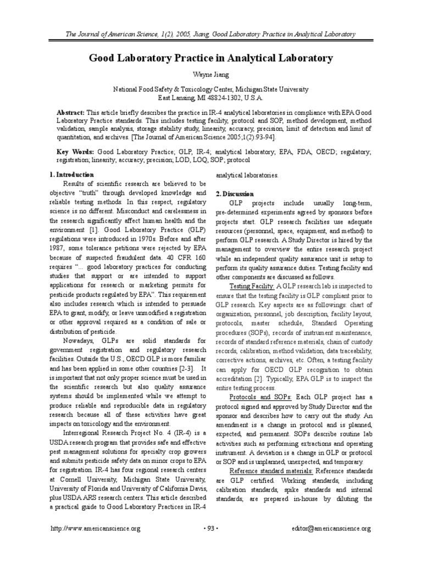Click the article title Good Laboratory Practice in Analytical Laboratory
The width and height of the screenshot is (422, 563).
pyautogui.click(x=210, y=58)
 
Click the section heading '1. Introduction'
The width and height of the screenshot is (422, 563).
pyautogui.click(x=71, y=175)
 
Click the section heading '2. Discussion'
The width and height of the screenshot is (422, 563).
pyautogui.click(x=235, y=194)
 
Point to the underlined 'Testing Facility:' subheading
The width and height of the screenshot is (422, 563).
pyautogui.click(x=252, y=286)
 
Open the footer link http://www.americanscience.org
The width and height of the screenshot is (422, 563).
pyautogui.click(x=96, y=529)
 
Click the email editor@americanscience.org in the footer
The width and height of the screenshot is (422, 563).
pyautogui.click(x=331, y=529)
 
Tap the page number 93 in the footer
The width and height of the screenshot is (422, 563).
pyautogui.click(x=211, y=529)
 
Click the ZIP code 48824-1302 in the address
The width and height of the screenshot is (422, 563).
pyautogui.click(x=223, y=97)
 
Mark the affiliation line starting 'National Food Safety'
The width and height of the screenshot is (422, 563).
pyautogui.click(x=210, y=89)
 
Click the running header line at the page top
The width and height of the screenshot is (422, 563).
pyautogui.click(x=210, y=35)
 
